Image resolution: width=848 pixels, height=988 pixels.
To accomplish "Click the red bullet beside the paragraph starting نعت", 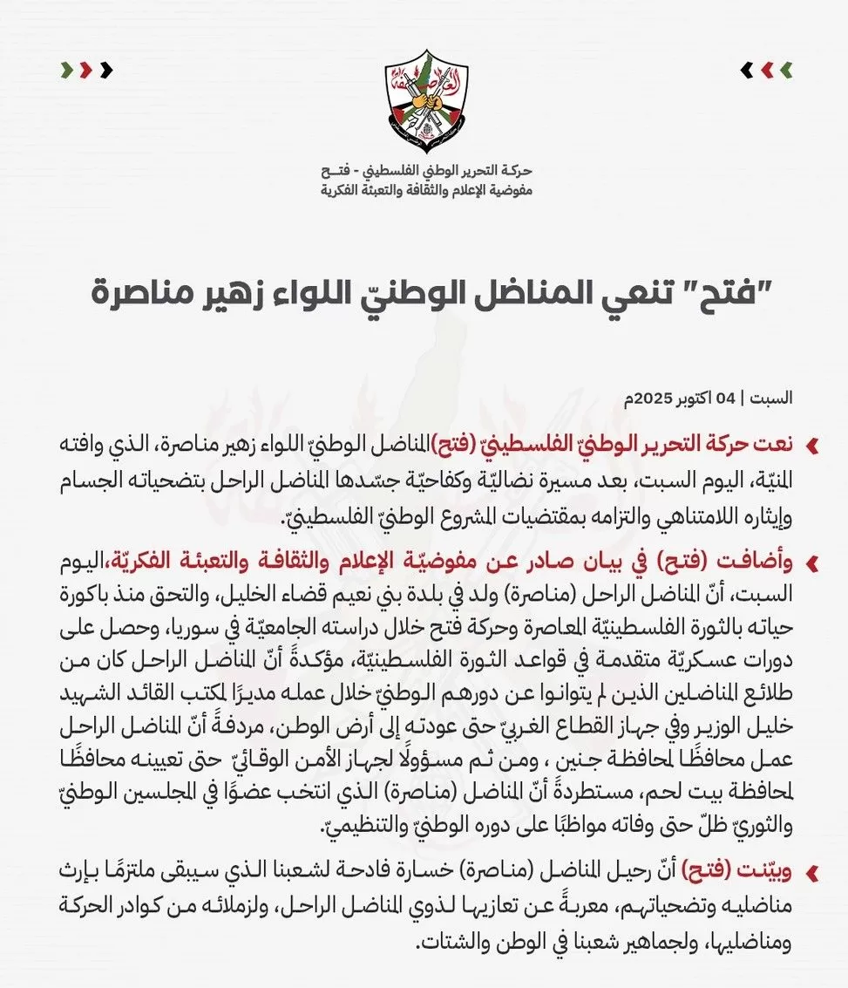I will (x=812, y=446).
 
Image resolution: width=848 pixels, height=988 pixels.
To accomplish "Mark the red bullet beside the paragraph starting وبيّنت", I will (x=812, y=872).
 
